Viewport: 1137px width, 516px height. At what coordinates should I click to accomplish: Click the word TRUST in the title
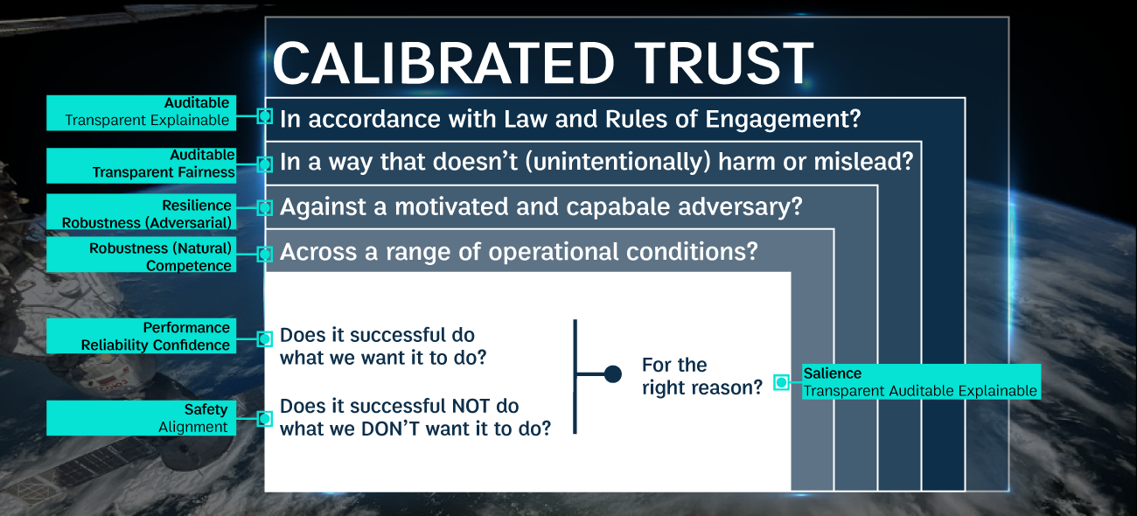[724, 63]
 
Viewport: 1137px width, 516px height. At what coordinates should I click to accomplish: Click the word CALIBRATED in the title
[443, 63]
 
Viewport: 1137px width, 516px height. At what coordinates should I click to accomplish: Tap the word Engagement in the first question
[783, 120]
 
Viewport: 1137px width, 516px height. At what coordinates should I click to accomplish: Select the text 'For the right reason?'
[702, 376]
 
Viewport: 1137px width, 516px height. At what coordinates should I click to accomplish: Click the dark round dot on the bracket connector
[613, 374]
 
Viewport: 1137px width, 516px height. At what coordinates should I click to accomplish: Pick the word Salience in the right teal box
[833, 373]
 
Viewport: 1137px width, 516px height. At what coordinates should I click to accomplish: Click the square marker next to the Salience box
[782, 382]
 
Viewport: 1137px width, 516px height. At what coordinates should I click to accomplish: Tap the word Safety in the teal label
[206, 409]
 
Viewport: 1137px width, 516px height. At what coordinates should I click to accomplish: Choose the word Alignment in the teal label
[193, 427]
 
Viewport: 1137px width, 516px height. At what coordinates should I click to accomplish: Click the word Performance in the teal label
[186, 328]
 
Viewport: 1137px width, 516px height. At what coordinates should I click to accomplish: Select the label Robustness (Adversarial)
[147, 223]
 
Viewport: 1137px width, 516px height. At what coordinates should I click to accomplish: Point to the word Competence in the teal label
[189, 266]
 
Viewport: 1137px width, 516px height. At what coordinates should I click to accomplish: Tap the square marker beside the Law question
[264, 116]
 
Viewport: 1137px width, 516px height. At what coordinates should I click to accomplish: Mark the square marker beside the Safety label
[264, 419]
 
